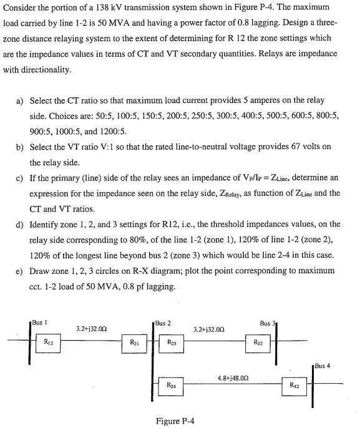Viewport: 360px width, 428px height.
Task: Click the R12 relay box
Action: [x=48, y=341]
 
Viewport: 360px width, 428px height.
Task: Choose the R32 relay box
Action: [x=258, y=341]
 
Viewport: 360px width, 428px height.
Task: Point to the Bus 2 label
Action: [x=163, y=323]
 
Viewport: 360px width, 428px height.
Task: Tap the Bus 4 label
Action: [x=324, y=365]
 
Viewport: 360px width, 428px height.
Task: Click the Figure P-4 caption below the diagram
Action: [x=174, y=420]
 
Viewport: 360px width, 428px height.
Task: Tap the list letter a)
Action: [x=19, y=100]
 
